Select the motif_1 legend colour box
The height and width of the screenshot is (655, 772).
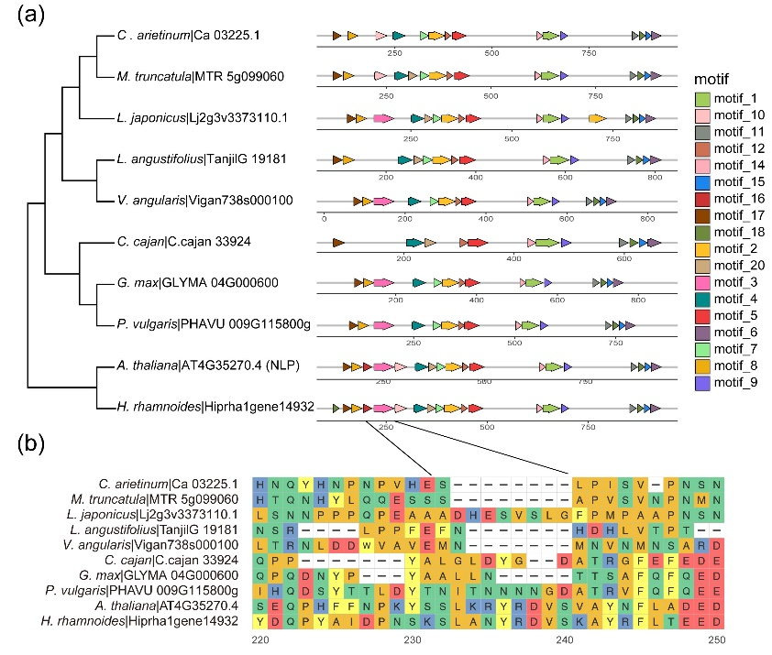tap(702, 99)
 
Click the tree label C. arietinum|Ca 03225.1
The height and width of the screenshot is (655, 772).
tap(189, 36)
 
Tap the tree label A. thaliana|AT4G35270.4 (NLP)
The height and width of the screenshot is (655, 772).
tap(203, 366)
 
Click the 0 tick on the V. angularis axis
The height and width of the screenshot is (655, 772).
tap(325, 218)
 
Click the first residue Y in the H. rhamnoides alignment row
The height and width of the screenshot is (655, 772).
tap(262, 622)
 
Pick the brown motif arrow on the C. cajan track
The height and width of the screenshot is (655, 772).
tap(337, 242)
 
